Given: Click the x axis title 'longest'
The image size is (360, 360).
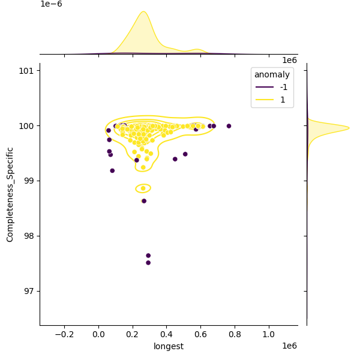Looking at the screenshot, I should [169, 346].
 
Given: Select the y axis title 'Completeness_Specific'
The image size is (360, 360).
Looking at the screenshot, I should [10, 194].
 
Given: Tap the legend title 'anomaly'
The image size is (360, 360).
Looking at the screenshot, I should [272, 75].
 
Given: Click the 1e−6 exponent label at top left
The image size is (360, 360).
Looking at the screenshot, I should [51, 4].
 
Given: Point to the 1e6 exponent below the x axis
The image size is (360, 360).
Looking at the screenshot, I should [289, 346].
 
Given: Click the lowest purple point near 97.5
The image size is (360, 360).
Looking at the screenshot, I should [148, 263].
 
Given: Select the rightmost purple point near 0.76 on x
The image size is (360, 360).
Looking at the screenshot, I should [229, 126].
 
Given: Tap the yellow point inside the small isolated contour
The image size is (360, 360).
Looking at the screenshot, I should [143, 188].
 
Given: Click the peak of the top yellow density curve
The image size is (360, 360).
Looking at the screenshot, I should [143, 11].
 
